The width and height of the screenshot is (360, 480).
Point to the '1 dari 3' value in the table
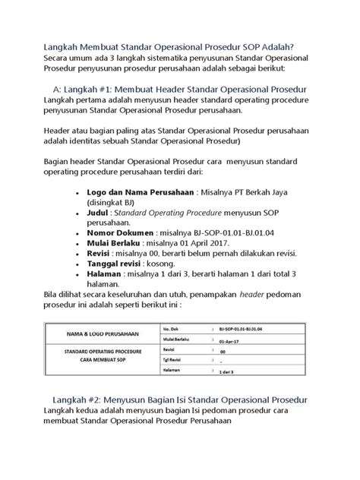[x=226, y=374]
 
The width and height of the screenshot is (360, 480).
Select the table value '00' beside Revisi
[x=222, y=352]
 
